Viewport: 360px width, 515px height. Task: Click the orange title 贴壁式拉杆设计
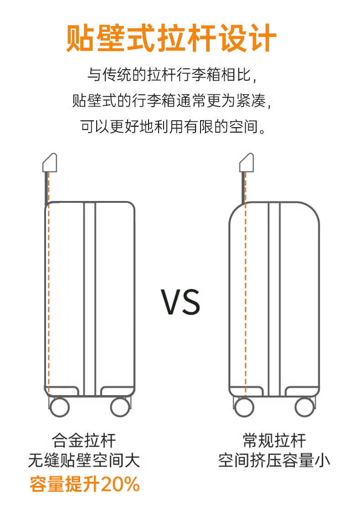(x=171, y=38)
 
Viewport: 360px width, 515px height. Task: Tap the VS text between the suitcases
(x=180, y=302)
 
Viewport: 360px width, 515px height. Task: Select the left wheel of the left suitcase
(x=59, y=407)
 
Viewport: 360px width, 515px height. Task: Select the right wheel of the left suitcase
(x=120, y=407)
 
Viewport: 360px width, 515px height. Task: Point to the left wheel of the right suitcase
(x=244, y=407)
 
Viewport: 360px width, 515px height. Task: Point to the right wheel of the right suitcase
(x=304, y=407)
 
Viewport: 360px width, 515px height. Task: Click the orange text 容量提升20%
(x=85, y=484)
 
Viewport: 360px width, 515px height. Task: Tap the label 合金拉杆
(x=84, y=441)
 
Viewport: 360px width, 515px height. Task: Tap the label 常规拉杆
(x=274, y=441)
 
